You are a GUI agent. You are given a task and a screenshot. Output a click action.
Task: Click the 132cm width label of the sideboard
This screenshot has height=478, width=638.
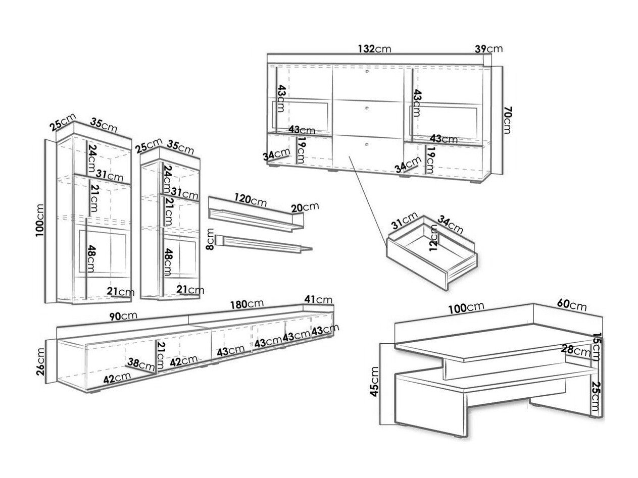[x=374, y=49]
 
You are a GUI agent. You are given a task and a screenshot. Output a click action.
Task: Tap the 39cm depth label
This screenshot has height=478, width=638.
[x=488, y=49]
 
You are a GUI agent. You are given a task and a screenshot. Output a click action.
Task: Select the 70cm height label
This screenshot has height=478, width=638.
[x=507, y=120]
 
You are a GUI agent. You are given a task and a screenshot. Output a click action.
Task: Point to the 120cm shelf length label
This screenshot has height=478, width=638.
[x=250, y=200]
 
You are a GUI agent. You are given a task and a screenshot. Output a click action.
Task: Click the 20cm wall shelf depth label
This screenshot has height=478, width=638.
[x=305, y=207]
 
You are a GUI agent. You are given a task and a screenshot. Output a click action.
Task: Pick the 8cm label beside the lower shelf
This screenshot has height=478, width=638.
[x=210, y=239]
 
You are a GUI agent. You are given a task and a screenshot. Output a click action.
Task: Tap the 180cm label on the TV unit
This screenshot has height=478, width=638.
[x=247, y=304]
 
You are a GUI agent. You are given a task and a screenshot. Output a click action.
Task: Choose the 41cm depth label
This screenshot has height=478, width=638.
[x=318, y=300]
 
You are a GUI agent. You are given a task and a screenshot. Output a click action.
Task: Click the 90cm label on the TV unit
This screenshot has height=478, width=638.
[x=123, y=316]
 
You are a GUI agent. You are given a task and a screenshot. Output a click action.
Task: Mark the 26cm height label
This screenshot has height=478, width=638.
[x=41, y=362]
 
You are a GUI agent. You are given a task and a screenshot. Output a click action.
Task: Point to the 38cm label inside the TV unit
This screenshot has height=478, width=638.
[x=141, y=365]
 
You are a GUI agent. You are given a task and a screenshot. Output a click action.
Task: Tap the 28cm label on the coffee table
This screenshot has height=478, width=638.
[x=576, y=350]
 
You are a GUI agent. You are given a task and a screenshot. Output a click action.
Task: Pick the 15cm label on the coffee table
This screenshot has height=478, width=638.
[x=596, y=347]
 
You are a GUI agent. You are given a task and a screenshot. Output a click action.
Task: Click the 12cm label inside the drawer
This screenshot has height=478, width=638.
[x=433, y=238]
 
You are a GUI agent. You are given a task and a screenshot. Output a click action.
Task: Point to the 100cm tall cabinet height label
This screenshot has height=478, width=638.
[x=40, y=221]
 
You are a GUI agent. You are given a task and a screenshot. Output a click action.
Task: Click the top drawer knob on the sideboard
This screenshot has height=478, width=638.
[x=367, y=72]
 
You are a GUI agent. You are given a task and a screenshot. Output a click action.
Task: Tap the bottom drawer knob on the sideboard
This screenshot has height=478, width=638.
[x=367, y=144]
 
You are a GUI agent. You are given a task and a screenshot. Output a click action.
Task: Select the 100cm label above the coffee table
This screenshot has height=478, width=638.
[x=466, y=308]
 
